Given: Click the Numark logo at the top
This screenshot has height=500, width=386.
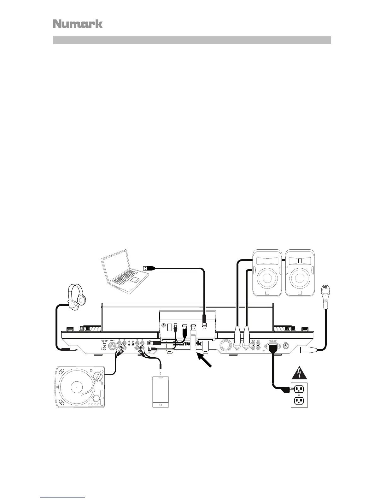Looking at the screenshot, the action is pos(78,24).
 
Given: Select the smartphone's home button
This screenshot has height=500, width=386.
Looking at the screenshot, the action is pos(161,404).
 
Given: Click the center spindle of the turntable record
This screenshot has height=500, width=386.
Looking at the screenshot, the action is pos(76,386).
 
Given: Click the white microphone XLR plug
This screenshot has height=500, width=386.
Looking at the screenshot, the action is pos(306,349).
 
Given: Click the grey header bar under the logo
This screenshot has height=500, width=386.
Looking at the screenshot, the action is pos(192,40).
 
